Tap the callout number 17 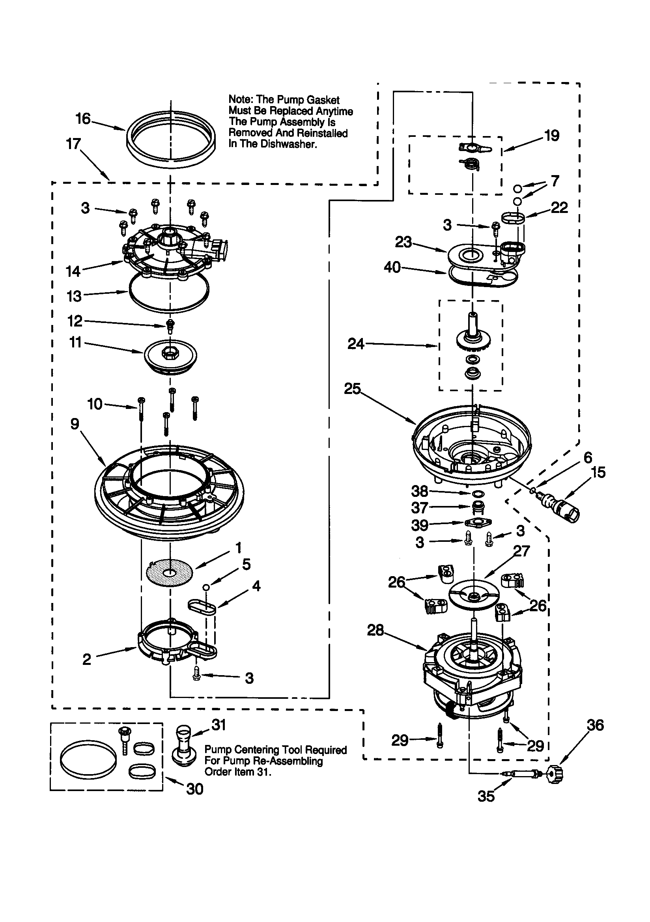(x=73, y=144)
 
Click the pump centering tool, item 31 (x=185, y=746)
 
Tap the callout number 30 (x=195, y=789)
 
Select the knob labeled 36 (x=556, y=773)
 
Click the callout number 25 (x=352, y=389)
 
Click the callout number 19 (x=551, y=136)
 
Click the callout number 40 (x=392, y=267)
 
